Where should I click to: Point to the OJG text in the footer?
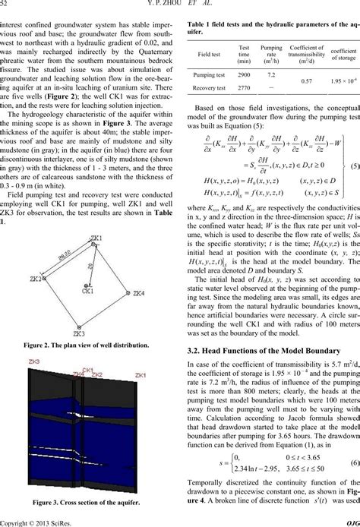349,522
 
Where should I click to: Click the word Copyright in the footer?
17,522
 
